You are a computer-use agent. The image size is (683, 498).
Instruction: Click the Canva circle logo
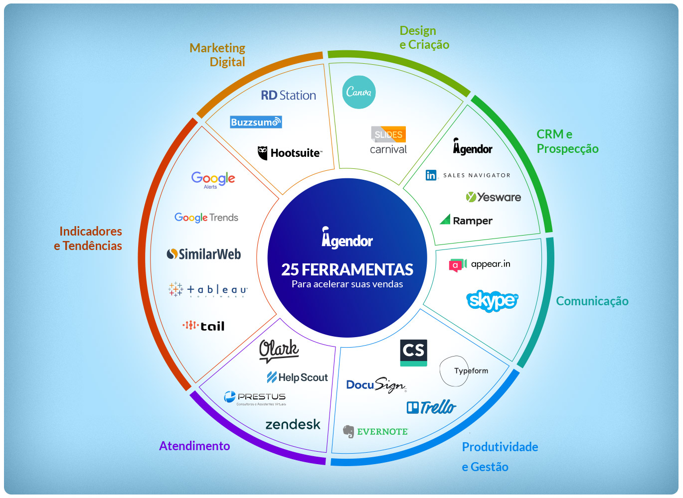point(358,92)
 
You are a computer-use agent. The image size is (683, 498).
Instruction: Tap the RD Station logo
point(288,95)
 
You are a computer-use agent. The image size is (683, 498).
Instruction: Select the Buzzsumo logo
point(256,122)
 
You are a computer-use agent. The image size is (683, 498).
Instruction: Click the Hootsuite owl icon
point(263,153)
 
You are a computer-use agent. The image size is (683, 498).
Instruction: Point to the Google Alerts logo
point(213,179)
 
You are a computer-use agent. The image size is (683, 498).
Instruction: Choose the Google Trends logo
point(206,218)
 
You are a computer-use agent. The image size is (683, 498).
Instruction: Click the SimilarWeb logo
point(203,254)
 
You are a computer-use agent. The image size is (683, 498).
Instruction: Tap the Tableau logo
point(207,289)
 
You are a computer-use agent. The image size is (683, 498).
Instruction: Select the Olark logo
point(279,350)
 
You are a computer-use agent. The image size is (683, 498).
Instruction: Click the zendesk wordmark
point(293,424)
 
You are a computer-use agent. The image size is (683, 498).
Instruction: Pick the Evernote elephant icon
point(348,431)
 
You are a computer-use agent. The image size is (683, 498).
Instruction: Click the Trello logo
point(431,407)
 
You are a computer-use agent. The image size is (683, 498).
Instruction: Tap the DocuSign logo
point(376,385)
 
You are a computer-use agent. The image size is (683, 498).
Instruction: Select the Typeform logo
point(464,371)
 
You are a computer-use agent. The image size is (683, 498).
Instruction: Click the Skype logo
point(492,300)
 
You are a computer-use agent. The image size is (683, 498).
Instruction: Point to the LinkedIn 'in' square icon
point(431,175)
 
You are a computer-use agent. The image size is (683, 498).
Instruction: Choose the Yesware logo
point(493,197)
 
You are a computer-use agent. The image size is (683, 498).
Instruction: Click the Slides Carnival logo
point(388,140)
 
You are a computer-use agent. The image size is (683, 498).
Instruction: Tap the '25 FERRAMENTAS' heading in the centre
point(347,269)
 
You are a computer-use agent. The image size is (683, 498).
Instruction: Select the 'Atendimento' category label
point(194,446)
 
